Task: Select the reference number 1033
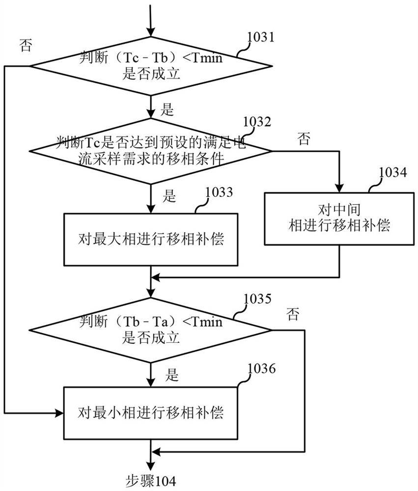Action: click(x=220, y=191)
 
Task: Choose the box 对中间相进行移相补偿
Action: click(x=339, y=218)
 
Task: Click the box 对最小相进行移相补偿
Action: click(x=150, y=412)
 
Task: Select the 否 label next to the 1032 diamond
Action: click(x=303, y=139)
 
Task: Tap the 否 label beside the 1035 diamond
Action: click(x=293, y=314)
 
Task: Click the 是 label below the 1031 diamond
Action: click(x=167, y=109)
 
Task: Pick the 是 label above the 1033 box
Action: click(x=169, y=196)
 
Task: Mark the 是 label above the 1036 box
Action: click(x=171, y=376)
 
